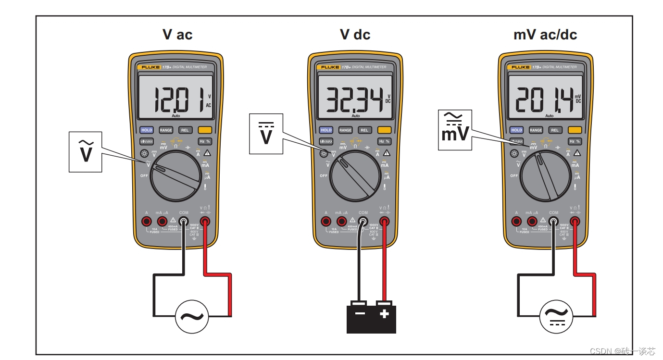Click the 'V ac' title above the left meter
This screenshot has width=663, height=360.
tap(177, 35)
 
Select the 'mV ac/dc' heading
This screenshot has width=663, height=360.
tap(545, 35)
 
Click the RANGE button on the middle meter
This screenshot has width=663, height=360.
tap(345, 130)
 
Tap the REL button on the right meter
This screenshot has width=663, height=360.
tap(555, 130)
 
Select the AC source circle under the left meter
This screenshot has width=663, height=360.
tap(192, 317)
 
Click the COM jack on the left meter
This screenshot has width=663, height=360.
tap(184, 222)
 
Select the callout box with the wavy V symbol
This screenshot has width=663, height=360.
tap(86, 151)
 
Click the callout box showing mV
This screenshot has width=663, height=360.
tap(455, 130)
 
